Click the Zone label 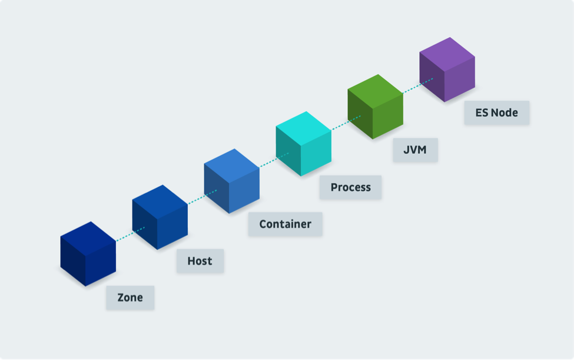[x=130, y=298]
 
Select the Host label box [x=200, y=261]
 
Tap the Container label [x=285, y=224]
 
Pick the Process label [x=351, y=187]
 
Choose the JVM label [x=415, y=150]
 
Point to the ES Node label [x=497, y=113]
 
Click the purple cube [x=447, y=70]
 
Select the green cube [x=375, y=107]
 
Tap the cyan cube [x=303, y=144]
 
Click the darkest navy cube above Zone [x=88, y=254]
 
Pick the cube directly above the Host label [x=160, y=217]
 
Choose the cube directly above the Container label [x=232, y=181]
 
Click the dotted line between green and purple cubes [x=417, y=85]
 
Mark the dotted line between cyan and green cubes [x=346, y=123]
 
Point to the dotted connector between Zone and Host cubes [x=130, y=234]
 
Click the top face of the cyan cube [x=303, y=128]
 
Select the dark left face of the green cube [x=360, y=113]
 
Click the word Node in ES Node [x=504, y=113]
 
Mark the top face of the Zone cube [x=88, y=239]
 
